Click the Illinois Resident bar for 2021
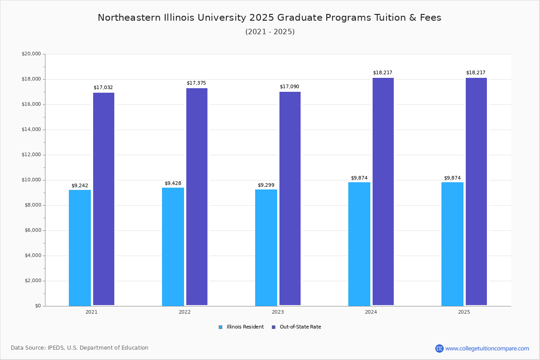pyautogui.click(x=80, y=247)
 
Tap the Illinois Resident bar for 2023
pyautogui.click(x=266, y=247)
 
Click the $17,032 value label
pyautogui.click(x=103, y=87)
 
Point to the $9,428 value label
pyautogui.click(x=173, y=183)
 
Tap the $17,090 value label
pyautogui.click(x=289, y=86)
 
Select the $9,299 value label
pyautogui.click(x=266, y=185)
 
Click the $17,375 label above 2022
pyautogui.click(x=196, y=83)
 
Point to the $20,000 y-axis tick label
pyautogui.click(x=31, y=54)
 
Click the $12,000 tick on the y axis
pyautogui.click(x=31, y=155)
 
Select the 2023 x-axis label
pyautogui.click(x=278, y=312)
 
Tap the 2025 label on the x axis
pyautogui.click(x=464, y=312)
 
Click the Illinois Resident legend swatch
pyautogui.click(x=220, y=327)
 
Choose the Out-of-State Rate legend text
pyautogui.click(x=300, y=327)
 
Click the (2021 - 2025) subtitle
pyautogui.click(x=270, y=31)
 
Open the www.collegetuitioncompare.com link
pyautogui.click(x=487, y=348)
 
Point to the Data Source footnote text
pyautogui.click(x=80, y=348)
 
